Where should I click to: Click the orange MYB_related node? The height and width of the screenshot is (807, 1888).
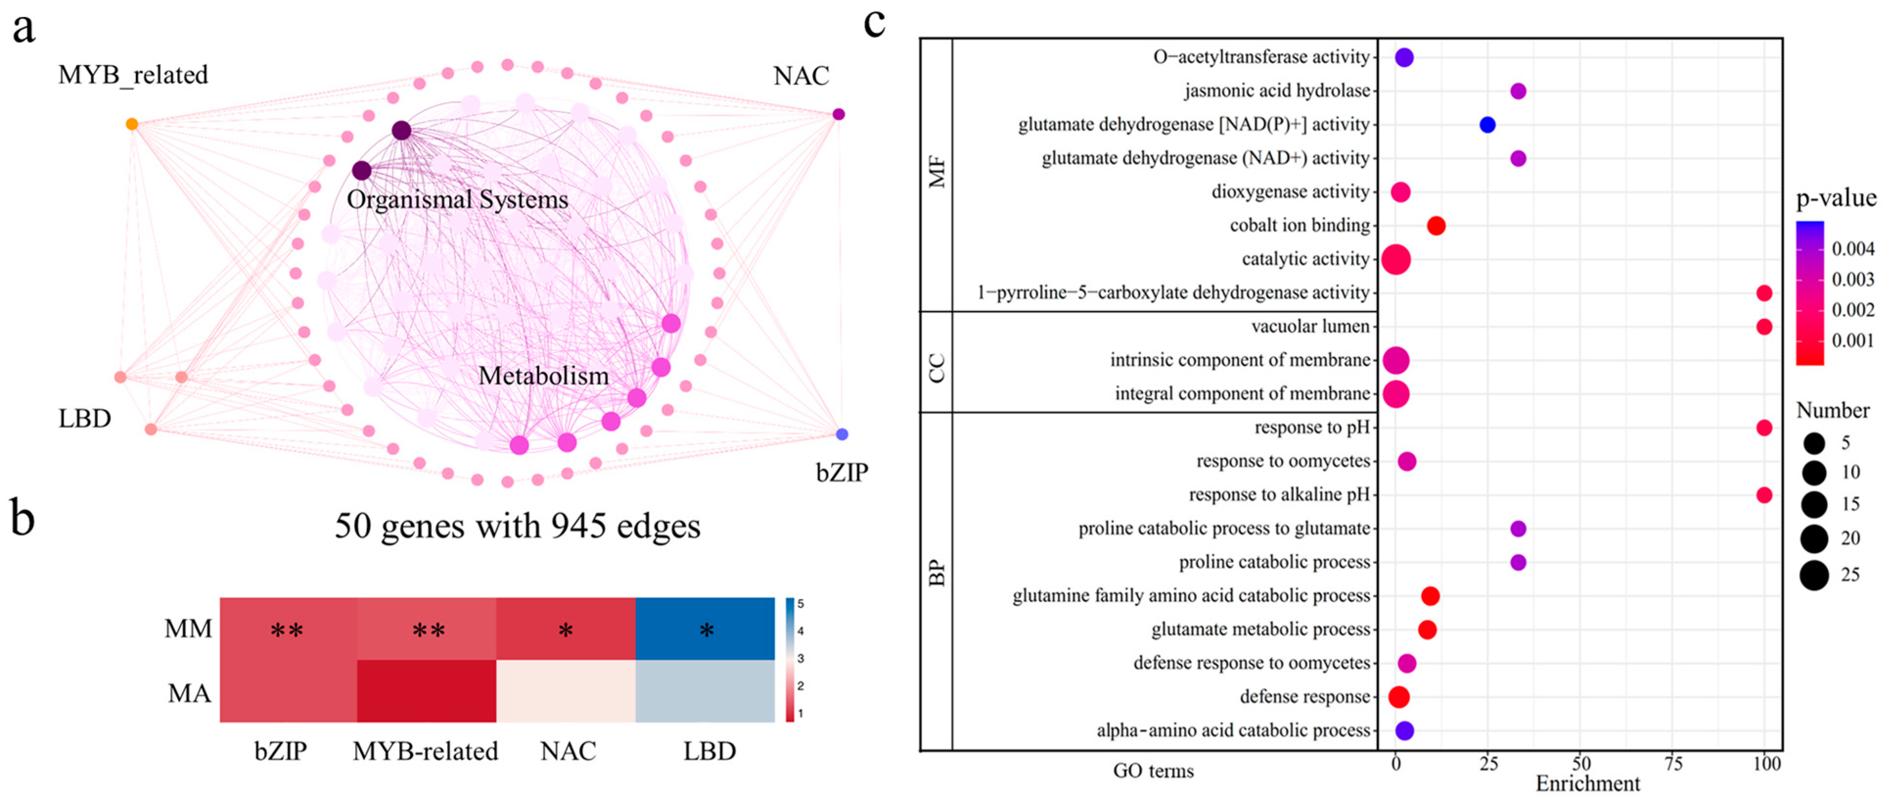[132, 124]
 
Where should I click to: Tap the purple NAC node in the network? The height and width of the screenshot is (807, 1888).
[839, 114]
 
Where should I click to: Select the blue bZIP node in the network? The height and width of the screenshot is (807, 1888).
[842, 434]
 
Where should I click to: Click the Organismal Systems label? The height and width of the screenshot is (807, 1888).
[457, 200]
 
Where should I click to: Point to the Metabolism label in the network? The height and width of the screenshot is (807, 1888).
[543, 376]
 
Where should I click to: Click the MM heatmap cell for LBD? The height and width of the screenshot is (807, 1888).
[705, 629]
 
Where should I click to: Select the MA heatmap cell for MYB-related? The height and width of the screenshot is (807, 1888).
[427, 691]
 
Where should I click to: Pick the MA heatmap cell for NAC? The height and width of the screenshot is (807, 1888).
[566, 691]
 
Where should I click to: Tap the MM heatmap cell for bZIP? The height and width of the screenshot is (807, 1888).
[288, 629]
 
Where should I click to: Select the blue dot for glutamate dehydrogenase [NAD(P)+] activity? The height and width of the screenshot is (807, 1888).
[1487, 125]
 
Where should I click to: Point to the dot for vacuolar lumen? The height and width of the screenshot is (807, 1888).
[1764, 327]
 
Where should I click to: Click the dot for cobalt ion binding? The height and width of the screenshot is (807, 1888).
[1436, 226]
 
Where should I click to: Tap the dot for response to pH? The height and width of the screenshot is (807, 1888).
[1764, 428]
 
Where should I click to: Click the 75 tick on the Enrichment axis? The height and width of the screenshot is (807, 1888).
[1673, 764]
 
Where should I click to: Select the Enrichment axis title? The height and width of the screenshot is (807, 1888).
[1588, 784]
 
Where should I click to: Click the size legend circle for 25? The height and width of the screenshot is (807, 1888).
[1814, 575]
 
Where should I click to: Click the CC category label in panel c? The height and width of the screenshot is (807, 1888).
[937, 368]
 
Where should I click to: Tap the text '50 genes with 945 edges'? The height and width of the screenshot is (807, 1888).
[518, 526]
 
